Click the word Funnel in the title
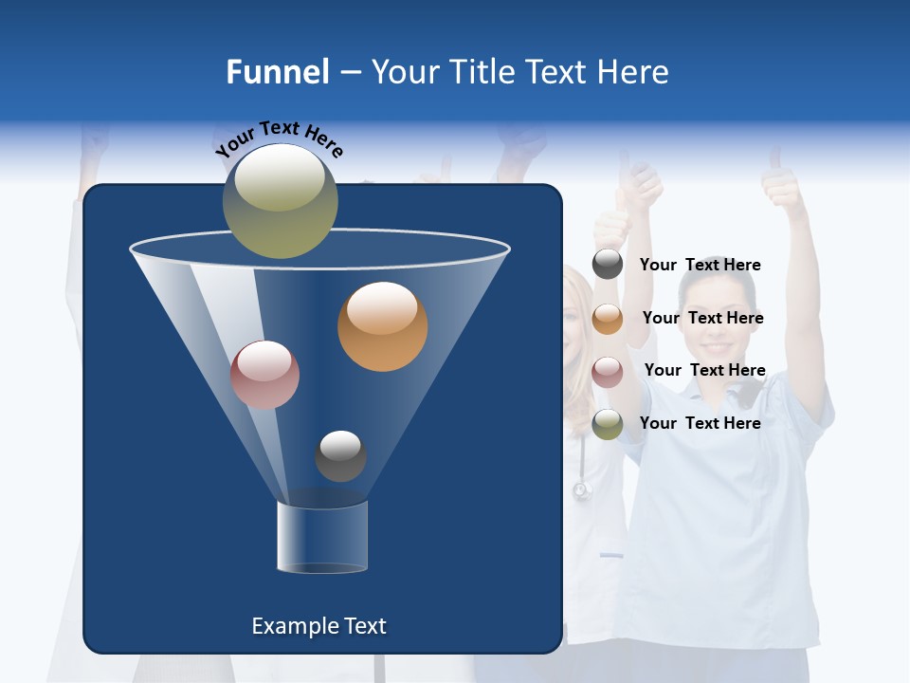(x=278, y=72)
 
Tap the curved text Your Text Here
(x=278, y=139)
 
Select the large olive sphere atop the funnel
(x=280, y=201)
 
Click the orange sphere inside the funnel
(x=382, y=326)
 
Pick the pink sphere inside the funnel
(x=264, y=375)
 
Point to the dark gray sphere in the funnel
(x=340, y=455)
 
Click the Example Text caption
(x=319, y=626)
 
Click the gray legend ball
(x=608, y=265)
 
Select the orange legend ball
(x=608, y=318)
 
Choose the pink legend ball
(x=608, y=371)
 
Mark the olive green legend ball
(x=608, y=423)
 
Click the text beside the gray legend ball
(x=700, y=265)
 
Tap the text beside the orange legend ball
(x=702, y=318)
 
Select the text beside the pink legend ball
(x=704, y=370)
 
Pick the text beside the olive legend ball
(x=700, y=423)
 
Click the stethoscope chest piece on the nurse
(x=581, y=490)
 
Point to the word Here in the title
(x=632, y=72)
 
